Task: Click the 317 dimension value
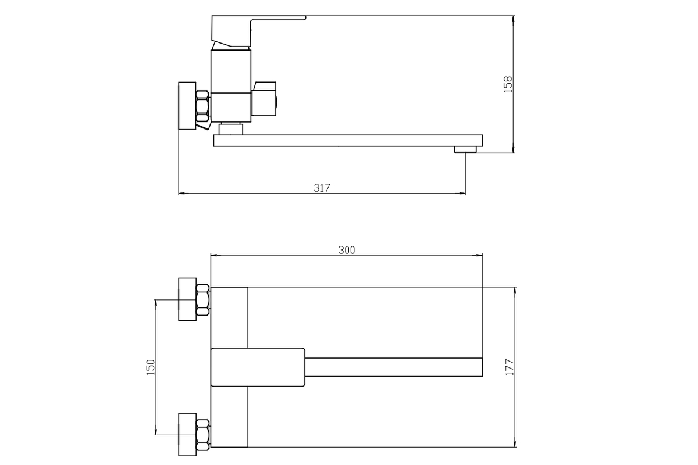click(x=322, y=188)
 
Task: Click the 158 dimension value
click(x=508, y=84)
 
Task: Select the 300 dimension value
click(x=347, y=250)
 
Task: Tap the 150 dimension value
click(x=151, y=367)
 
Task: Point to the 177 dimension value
click(x=509, y=367)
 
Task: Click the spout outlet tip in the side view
click(x=465, y=150)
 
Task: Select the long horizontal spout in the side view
click(x=348, y=141)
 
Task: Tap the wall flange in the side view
click(x=187, y=106)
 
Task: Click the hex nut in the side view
click(x=203, y=106)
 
